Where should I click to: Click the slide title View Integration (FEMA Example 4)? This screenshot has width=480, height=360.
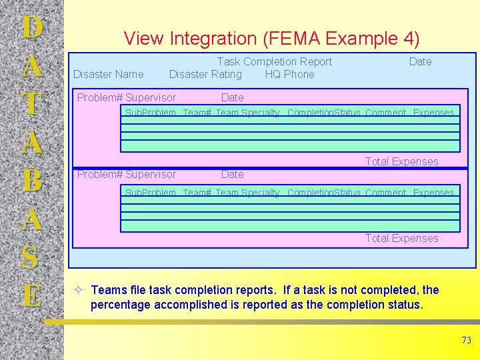pos(271,39)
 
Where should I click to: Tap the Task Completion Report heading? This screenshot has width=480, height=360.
pos(274,61)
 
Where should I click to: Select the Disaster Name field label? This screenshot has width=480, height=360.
pos(108,74)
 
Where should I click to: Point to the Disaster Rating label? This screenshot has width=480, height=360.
pos(205,74)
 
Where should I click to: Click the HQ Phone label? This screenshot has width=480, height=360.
pos(289,74)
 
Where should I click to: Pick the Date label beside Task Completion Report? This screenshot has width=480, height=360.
pos(420,61)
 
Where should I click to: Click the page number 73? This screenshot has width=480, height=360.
pos(466,341)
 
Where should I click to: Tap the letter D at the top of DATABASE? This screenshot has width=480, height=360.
pos(32,28)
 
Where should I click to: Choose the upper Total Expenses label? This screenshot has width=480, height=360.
pos(401,161)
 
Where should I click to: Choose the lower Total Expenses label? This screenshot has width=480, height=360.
pos(401,238)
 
